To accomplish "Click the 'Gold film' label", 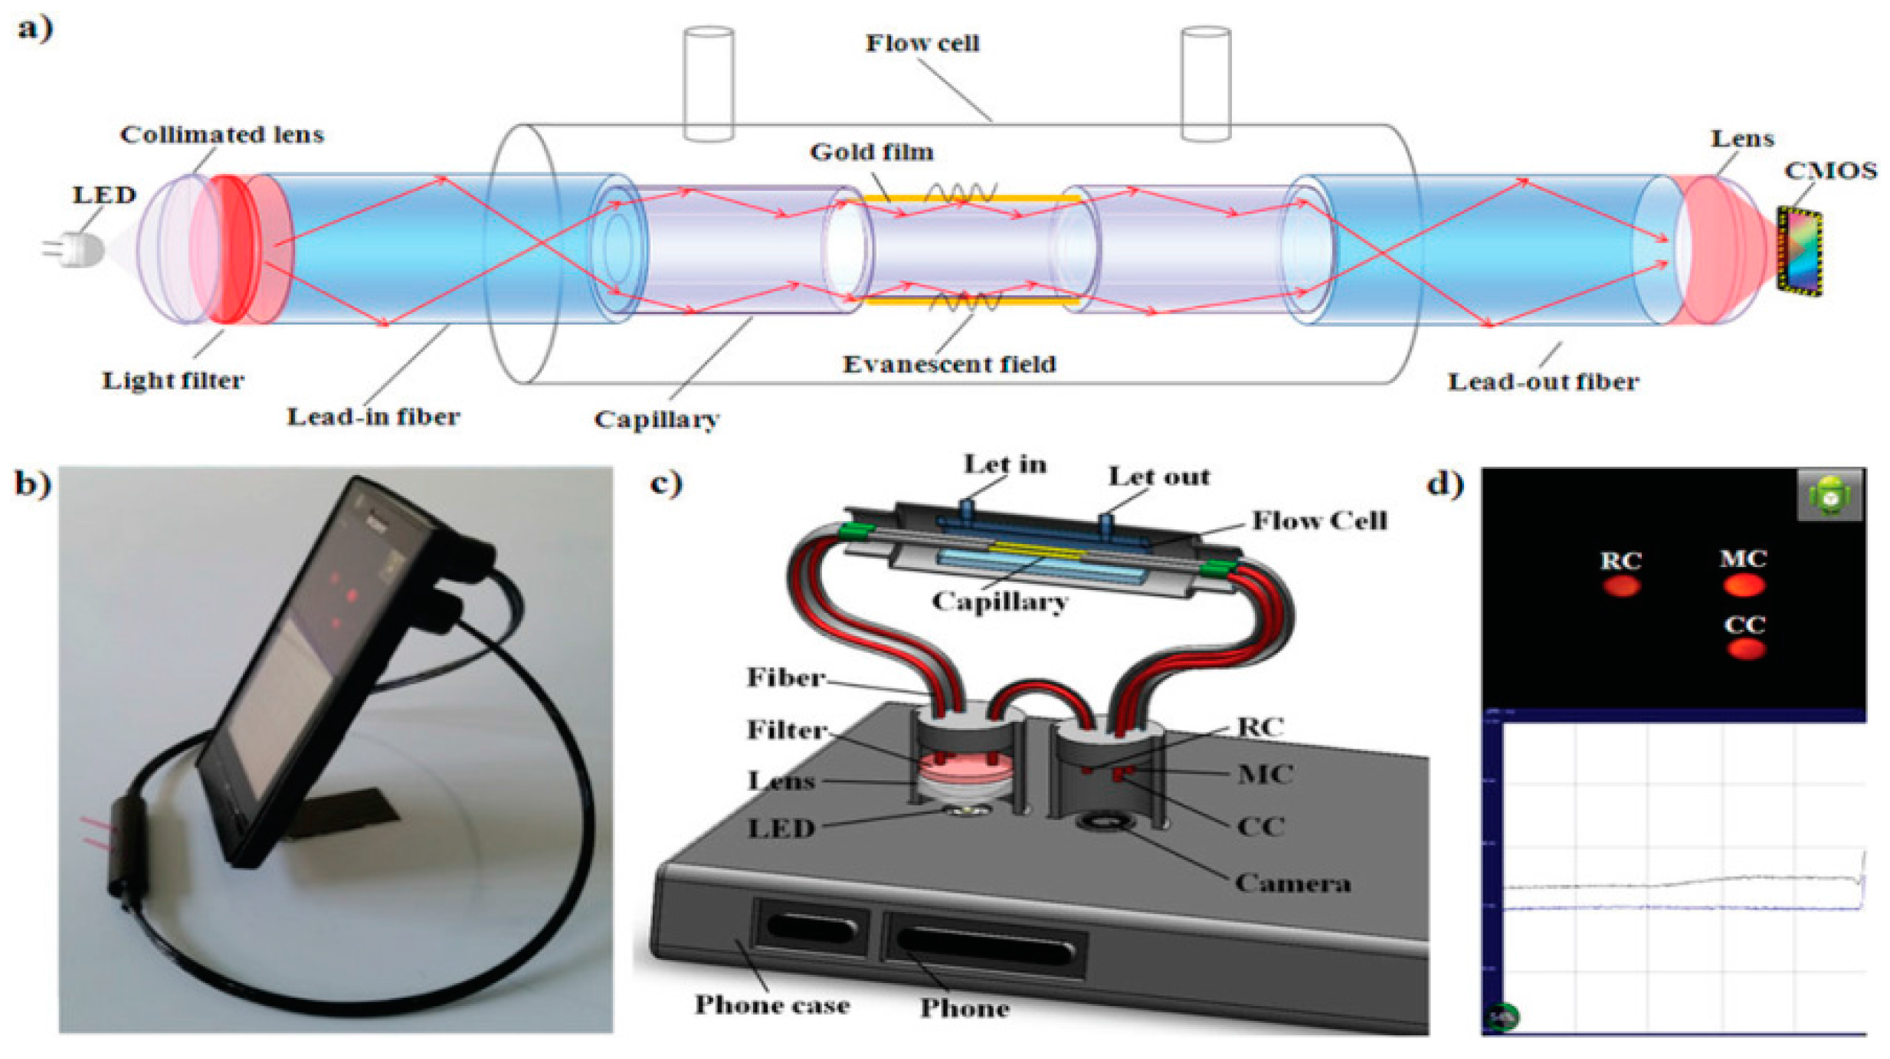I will tap(872, 152).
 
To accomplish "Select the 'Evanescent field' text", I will tap(949, 364).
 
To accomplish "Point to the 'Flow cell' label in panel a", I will tap(922, 43).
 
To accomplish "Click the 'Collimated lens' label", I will tap(222, 134).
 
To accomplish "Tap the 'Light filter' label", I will tap(173, 380).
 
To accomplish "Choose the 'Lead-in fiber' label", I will tap(373, 416).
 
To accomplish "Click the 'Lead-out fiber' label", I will tap(1543, 382).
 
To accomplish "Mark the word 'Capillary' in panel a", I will tap(657, 419).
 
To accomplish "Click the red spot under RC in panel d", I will tap(1621, 586).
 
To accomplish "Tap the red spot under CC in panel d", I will tap(1746, 649).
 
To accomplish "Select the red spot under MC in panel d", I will tap(1744, 586).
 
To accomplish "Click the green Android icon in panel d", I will tap(1829, 494).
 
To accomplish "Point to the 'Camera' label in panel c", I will tap(1292, 883).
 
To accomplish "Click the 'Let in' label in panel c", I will tap(1004, 464).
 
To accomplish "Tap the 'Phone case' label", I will tap(771, 1005).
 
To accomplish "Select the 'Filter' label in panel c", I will tap(787, 729).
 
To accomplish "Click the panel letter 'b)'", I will tap(32, 484).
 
